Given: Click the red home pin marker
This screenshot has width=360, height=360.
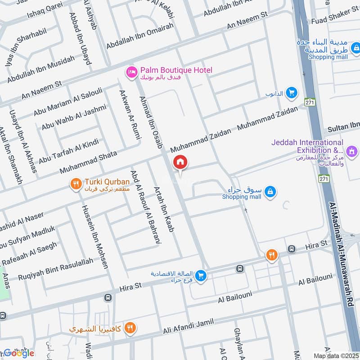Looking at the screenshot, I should [x=180, y=162].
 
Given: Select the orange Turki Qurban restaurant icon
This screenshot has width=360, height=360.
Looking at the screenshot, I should [x=75, y=184].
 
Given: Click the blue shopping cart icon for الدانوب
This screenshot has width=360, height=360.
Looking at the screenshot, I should [x=292, y=93].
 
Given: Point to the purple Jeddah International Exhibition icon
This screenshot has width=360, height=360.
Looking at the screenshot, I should [x=352, y=150].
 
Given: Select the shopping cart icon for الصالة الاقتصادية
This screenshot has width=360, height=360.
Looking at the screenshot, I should [x=201, y=276].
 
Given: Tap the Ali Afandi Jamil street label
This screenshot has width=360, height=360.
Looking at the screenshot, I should [x=188, y=327].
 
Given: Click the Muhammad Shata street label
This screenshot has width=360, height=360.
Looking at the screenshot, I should [x=88, y=163].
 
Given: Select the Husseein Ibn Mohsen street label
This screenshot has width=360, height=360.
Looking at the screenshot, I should [x=95, y=237].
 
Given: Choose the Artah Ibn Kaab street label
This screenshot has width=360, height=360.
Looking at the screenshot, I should [x=163, y=210].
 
